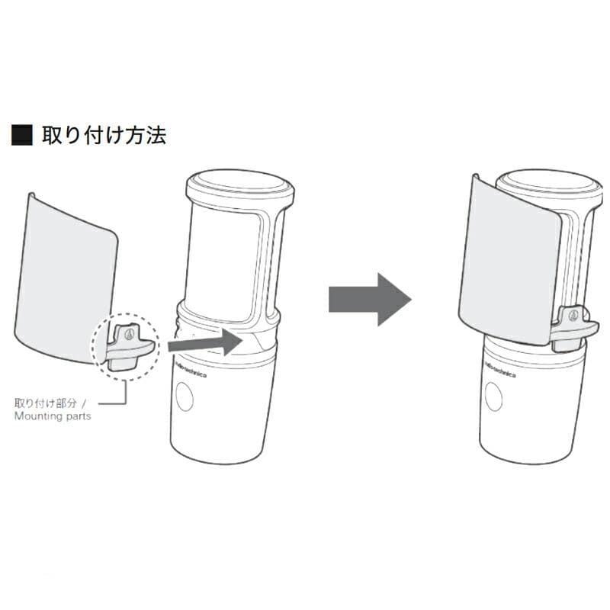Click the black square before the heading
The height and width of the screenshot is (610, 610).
click(x=22, y=135)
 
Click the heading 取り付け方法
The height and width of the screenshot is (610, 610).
click(x=104, y=136)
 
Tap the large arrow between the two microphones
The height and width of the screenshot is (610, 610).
click(x=370, y=299)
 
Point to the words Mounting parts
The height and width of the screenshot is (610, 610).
click(x=53, y=416)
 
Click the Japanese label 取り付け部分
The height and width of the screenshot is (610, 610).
click(x=46, y=403)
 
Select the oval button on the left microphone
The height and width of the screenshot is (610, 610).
click(x=185, y=396)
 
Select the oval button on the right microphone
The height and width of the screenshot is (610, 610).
click(x=493, y=396)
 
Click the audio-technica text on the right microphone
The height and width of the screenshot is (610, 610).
click(x=500, y=369)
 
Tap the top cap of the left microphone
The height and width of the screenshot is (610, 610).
click(x=240, y=186)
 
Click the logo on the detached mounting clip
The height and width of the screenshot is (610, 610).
click(x=130, y=334)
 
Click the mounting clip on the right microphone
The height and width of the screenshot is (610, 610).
click(x=574, y=326)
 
